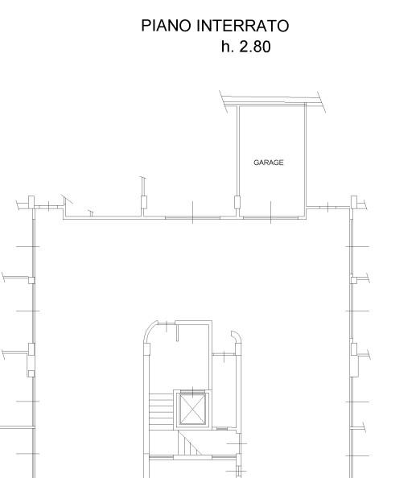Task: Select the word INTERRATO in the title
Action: click(x=243, y=26)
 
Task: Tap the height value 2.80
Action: click(x=255, y=47)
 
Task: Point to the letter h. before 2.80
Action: click(x=228, y=47)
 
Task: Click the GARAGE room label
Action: click(x=269, y=163)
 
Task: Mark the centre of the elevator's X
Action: click(x=192, y=409)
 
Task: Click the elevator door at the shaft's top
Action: click(x=192, y=392)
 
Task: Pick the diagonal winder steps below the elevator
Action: click(x=190, y=443)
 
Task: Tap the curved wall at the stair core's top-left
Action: click(x=148, y=328)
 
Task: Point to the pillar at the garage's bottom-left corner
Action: click(x=237, y=202)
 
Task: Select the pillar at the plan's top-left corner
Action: click(x=31, y=202)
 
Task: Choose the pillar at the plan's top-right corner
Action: click(x=353, y=202)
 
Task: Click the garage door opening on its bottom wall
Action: click(x=270, y=217)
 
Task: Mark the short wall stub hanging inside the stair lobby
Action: click(x=177, y=332)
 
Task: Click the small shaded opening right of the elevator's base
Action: click(x=222, y=429)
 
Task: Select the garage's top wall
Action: click(x=271, y=105)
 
